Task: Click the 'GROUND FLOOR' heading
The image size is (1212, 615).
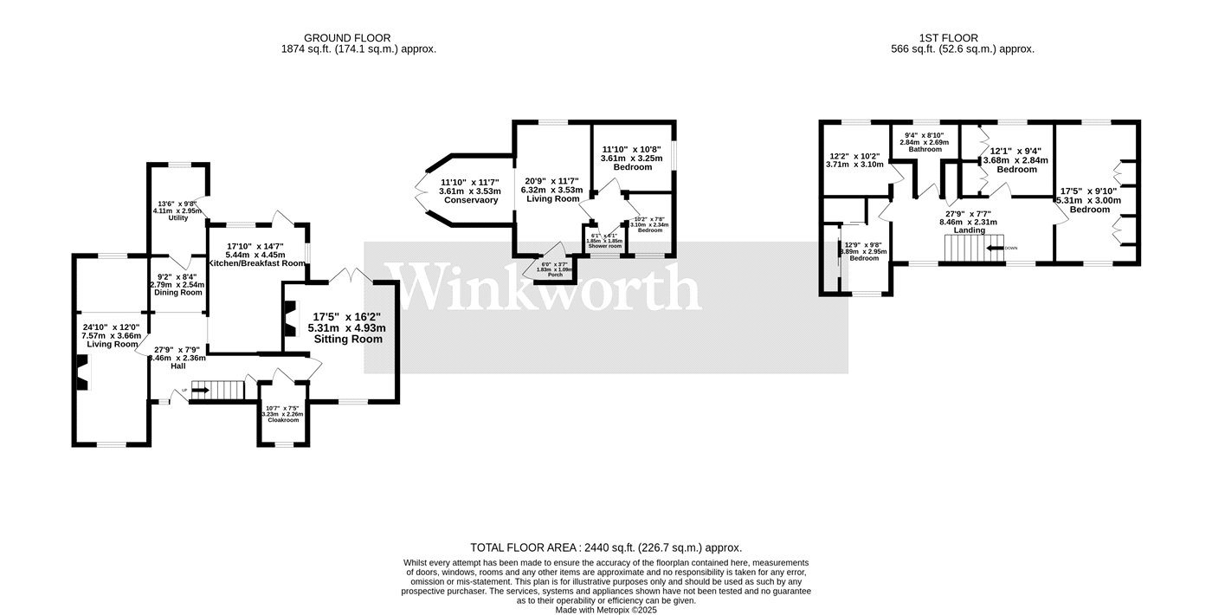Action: pos(346,38)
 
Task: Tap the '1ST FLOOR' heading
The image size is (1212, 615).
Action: pos(948,38)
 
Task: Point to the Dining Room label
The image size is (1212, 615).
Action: pos(177,292)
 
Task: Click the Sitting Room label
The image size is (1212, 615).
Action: pos(347,340)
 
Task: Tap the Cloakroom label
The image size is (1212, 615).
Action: pos(283,420)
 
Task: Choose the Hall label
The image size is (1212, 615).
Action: pos(177,366)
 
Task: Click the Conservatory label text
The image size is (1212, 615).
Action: pos(470,200)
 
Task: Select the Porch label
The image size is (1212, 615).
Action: pos(555,275)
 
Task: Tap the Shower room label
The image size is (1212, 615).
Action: pos(605,247)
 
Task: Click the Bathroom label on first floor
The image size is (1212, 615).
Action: pos(925,149)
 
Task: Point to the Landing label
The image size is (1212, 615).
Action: pos(969,230)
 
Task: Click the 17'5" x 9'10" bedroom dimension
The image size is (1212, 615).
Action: pos(1088,191)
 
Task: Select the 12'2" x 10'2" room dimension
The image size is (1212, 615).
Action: pos(854,157)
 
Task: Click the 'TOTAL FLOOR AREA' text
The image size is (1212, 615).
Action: pos(523,547)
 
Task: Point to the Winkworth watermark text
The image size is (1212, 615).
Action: pos(547,288)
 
